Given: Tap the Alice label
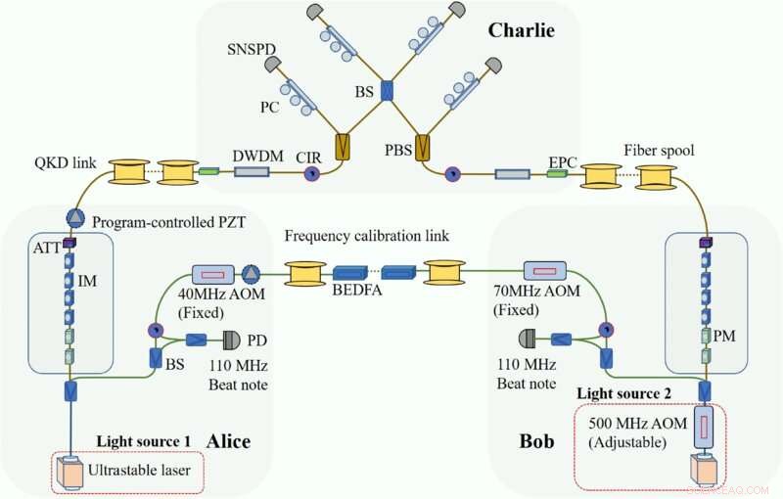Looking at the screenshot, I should click(227, 441).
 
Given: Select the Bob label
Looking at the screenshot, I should click(535, 441).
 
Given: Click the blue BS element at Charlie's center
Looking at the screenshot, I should click(387, 92).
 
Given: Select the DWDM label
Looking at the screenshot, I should click(252, 156).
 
